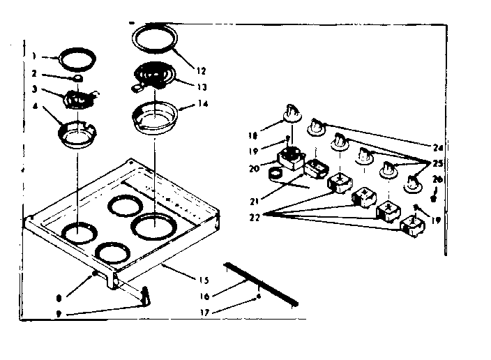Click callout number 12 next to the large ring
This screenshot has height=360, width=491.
(x=201, y=70)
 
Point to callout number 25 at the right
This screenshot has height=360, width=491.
(x=437, y=164)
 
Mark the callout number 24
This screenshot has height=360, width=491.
(x=437, y=147)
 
